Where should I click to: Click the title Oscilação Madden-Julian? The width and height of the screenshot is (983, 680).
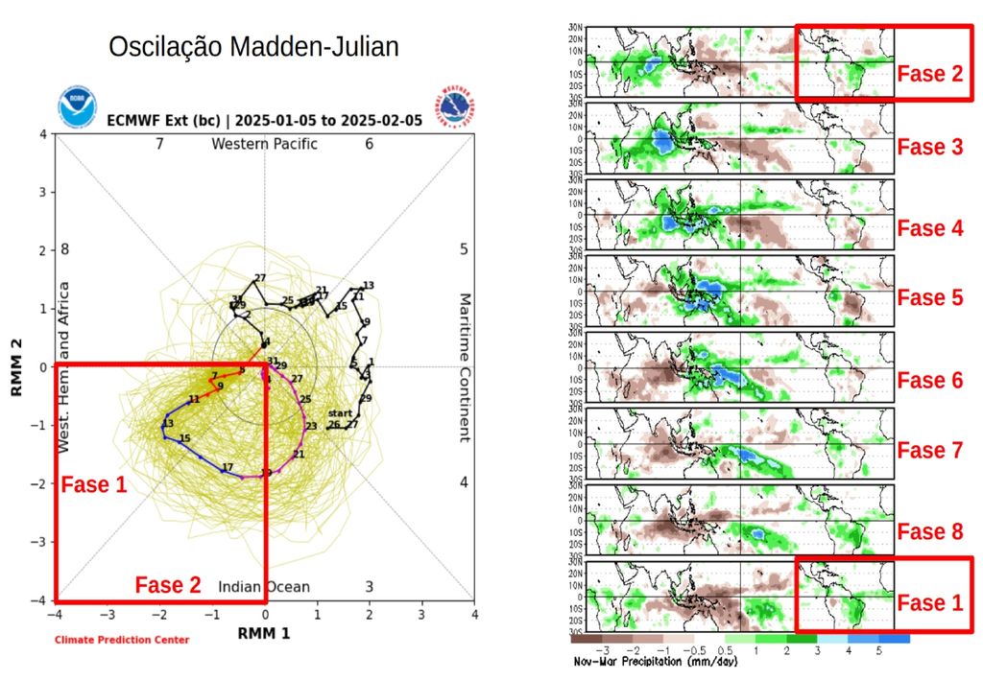[252, 47]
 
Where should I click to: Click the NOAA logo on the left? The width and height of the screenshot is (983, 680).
[77, 107]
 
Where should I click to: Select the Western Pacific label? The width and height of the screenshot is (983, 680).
[264, 144]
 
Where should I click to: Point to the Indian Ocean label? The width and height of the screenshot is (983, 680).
[264, 587]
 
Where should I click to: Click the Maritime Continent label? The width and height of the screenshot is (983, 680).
[463, 367]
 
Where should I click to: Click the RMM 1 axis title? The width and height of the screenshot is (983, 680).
[264, 633]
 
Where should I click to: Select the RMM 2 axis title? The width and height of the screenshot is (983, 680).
[16, 367]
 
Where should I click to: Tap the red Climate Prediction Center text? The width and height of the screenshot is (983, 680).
[122, 640]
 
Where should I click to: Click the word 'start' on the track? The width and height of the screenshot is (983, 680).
[340, 412]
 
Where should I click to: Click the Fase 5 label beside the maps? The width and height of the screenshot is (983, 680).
[929, 297]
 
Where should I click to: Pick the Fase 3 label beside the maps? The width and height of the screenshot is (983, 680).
[929, 147]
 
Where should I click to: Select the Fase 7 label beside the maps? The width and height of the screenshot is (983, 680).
[929, 450]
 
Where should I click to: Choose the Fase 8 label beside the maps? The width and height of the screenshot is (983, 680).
[929, 531]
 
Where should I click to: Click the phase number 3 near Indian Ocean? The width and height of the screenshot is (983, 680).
[369, 587]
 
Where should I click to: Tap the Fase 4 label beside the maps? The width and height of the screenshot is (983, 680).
[929, 228]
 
